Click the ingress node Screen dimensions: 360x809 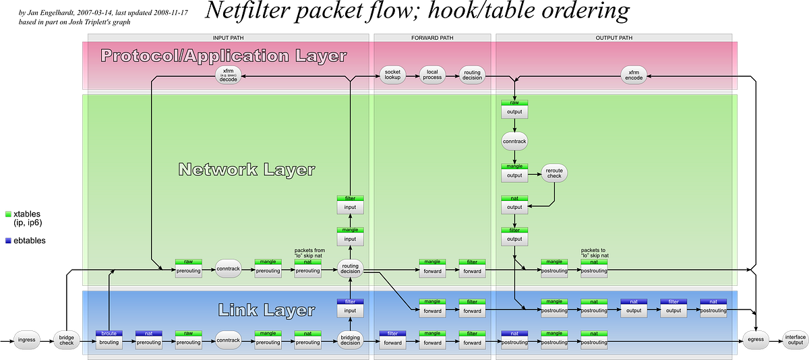[27, 339]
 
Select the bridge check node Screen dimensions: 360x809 [67, 339]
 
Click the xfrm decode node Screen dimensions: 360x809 [228, 75]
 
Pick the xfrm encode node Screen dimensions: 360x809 [634, 75]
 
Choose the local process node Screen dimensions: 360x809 [432, 75]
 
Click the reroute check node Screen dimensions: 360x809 [554, 173]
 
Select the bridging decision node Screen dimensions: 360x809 [350, 340]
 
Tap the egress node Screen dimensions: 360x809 [755, 339]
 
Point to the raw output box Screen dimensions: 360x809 [514, 109]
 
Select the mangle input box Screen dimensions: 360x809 [350, 237]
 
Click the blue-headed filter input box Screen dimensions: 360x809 [350, 308]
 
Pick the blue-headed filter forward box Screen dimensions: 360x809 [392, 340]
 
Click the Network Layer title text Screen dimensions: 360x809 [246, 169]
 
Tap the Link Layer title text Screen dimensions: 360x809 [266, 310]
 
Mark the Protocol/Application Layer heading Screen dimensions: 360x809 [223, 56]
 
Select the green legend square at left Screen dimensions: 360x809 [8, 214]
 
